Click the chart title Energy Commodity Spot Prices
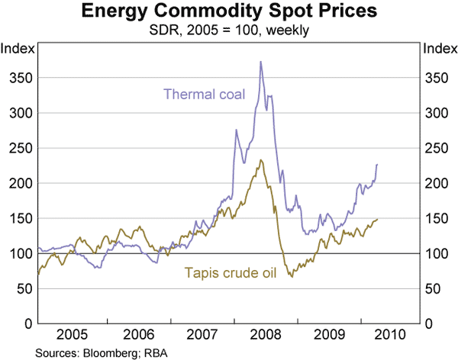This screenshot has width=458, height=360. point(229,13)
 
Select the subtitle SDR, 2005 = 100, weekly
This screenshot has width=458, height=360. point(229,30)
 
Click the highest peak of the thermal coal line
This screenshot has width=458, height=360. point(261,62)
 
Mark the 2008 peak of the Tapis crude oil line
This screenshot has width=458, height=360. point(261,160)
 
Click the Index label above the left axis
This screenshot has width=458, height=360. point(18,50)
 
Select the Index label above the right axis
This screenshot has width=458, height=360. point(438,50)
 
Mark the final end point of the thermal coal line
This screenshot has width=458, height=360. point(377,165)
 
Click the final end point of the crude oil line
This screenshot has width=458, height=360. point(377,220)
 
